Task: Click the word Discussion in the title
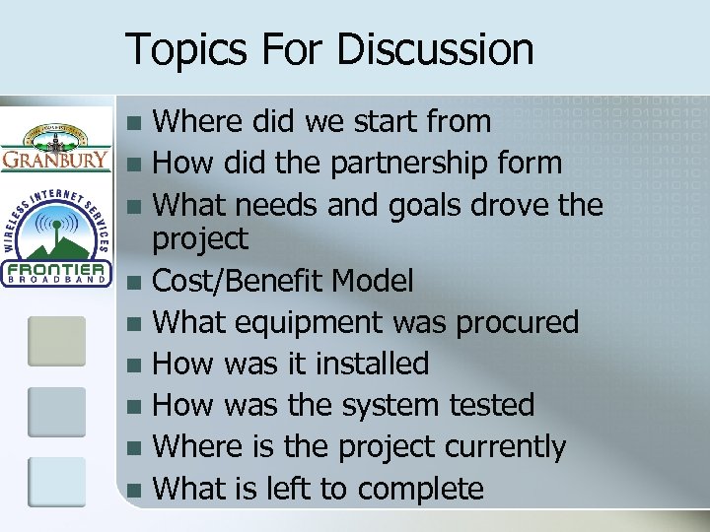436,49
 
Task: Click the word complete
421,489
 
